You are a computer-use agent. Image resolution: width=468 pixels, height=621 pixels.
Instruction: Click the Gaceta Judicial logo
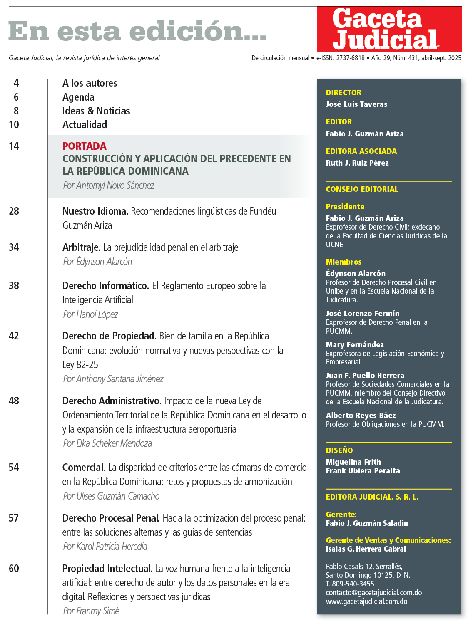tap(389, 29)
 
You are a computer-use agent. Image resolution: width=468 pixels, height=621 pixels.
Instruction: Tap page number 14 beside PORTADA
tap(14, 146)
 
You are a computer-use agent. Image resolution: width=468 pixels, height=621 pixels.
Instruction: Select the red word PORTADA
tap(84, 146)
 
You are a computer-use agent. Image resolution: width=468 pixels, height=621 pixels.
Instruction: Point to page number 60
tap(14, 568)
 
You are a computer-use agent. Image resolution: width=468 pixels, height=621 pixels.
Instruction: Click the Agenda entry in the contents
tap(78, 97)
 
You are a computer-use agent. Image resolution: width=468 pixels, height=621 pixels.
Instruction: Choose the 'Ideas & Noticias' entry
tap(96, 111)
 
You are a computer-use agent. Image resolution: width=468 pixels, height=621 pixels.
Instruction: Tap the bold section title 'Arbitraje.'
tap(81, 247)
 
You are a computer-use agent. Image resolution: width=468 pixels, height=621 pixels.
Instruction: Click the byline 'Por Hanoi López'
tap(90, 314)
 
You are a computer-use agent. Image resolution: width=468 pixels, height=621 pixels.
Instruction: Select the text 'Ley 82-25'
tap(80, 365)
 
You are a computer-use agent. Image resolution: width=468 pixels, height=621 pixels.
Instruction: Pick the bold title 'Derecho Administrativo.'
tap(112, 401)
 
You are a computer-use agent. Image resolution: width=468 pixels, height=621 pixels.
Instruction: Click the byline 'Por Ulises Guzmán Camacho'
tap(111, 496)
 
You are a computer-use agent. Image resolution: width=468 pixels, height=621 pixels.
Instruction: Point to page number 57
tap(14, 518)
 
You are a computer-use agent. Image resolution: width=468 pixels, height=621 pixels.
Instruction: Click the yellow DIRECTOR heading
tap(344, 93)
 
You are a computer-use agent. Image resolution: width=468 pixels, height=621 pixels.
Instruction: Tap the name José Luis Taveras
tap(356, 104)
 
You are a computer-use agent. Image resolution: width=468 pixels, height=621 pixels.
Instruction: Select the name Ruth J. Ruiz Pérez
tap(357, 163)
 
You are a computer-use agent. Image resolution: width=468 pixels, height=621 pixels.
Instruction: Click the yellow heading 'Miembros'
tap(344, 262)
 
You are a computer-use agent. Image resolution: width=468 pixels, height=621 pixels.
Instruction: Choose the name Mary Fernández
tap(355, 344)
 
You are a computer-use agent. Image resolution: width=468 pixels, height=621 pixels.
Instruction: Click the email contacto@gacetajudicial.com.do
tap(373, 592)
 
